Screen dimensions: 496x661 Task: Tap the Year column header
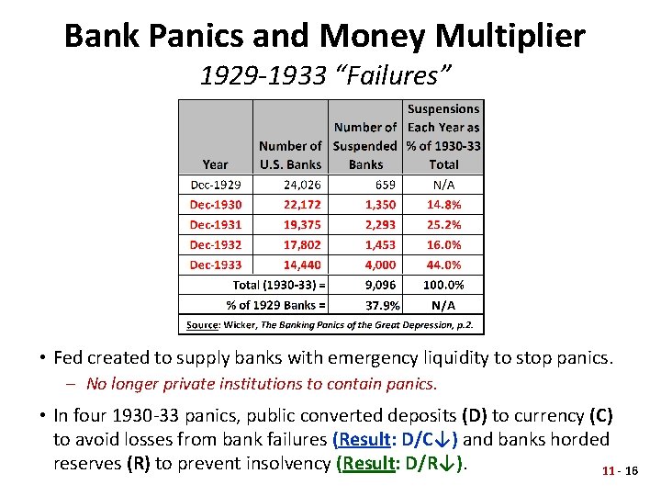[x=215, y=164]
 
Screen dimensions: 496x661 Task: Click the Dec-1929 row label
[x=215, y=185]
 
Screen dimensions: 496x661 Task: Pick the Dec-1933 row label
[x=215, y=265]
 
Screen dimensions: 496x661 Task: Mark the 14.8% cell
[x=444, y=205]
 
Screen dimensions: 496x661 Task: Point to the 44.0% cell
[x=444, y=265]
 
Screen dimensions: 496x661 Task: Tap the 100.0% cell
[x=444, y=285]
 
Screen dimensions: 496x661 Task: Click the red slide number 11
[x=608, y=471]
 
